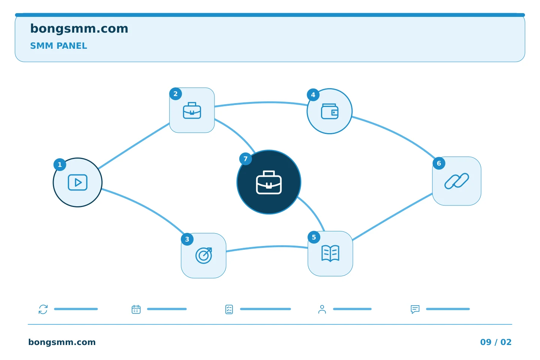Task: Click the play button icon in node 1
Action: pyautogui.click(x=78, y=183)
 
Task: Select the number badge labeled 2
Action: pyautogui.click(x=175, y=94)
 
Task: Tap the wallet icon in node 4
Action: pyautogui.click(x=330, y=111)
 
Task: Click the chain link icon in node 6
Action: pyautogui.click(x=457, y=181)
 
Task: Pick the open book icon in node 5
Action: pyautogui.click(x=330, y=253)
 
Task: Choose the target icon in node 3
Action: pyautogui.click(x=204, y=255)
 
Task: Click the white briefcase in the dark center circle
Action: pyautogui.click(x=269, y=182)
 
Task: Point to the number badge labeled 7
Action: pyautogui.click(x=245, y=159)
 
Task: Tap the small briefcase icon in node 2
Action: pyautogui.click(x=192, y=110)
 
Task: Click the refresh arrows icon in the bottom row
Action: pyautogui.click(x=43, y=309)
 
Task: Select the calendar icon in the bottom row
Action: pyautogui.click(x=136, y=309)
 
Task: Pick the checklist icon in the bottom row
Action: pyautogui.click(x=229, y=309)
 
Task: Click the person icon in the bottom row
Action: pyautogui.click(x=322, y=309)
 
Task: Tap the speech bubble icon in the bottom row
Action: pyautogui.click(x=415, y=309)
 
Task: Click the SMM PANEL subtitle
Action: pyautogui.click(x=58, y=46)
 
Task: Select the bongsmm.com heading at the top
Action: pyautogui.click(x=79, y=29)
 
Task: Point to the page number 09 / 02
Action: pyautogui.click(x=496, y=342)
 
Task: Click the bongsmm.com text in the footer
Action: pyautogui.click(x=62, y=342)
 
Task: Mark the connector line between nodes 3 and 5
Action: pyautogui.click(x=267, y=247)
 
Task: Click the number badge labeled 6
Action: pyautogui.click(x=439, y=163)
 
